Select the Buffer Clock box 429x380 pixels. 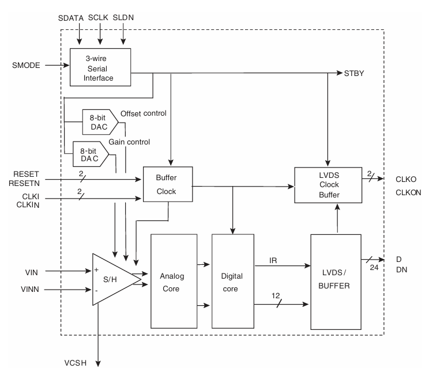[167, 184]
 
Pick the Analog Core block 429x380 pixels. [173, 281]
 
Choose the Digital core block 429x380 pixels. [233, 281]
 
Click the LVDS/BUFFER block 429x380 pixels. [335, 281]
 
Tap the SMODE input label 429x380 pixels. [27, 65]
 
